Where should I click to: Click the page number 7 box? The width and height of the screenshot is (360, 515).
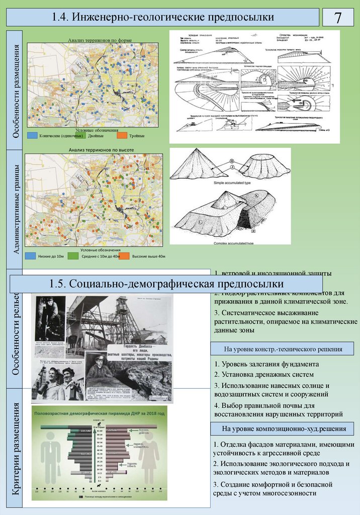(x=338, y=18)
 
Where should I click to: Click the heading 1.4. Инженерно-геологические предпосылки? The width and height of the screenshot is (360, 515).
(x=163, y=18)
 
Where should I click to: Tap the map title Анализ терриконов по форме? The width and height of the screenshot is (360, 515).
(x=95, y=40)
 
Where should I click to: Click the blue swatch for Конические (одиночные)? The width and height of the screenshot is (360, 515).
(x=32, y=135)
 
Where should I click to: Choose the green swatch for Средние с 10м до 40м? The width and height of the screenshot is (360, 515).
(x=73, y=256)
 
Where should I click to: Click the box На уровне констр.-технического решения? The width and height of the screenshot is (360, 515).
(x=282, y=349)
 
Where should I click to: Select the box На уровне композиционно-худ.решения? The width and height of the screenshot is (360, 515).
(x=282, y=428)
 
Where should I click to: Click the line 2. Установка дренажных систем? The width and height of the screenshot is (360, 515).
(x=264, y=374)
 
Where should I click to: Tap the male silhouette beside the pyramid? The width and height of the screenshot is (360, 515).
(x=51, y=458)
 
